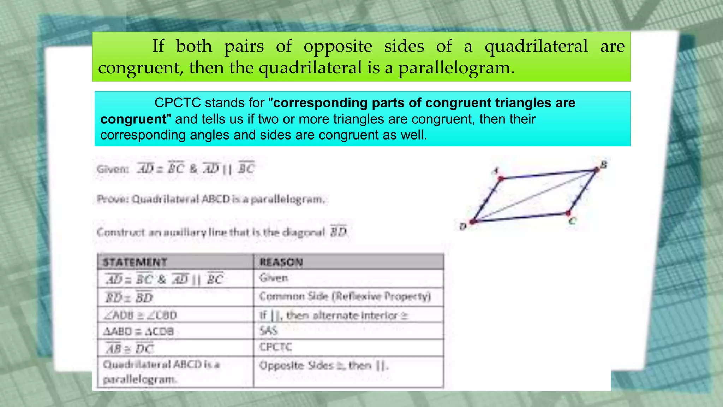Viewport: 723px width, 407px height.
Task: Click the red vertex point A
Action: [501, 178]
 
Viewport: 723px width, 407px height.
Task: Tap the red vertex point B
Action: [597, 170]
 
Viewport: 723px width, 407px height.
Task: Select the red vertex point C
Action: [568, 213]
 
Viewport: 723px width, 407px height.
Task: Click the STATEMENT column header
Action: [135, 262]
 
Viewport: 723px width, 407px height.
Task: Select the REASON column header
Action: [281, 262]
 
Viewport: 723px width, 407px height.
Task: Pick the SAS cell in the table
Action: [268, 331]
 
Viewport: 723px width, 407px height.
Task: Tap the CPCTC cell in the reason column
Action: [276, 347]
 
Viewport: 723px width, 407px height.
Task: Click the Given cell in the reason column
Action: [274, 278]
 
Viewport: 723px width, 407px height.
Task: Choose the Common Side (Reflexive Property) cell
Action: [345, 296]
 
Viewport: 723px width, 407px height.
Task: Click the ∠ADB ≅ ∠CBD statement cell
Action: [140, 315]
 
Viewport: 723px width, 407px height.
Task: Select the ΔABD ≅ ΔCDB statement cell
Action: [138, 331]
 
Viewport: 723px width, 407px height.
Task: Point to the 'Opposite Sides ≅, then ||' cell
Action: [324, 365]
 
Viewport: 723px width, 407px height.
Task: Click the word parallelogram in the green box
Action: [456, 68]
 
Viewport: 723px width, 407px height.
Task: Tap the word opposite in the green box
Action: [338, 46]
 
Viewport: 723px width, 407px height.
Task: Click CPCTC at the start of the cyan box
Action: [178, 103]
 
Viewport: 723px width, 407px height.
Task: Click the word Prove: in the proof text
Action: [112, 199]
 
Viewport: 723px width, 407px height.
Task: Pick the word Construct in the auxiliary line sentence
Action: [120, 232]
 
